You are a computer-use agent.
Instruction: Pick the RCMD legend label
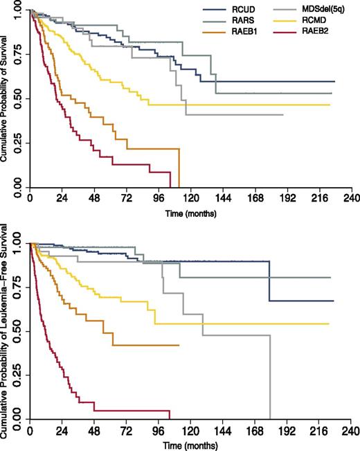pos(309,22)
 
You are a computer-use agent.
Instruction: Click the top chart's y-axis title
pos(6,100)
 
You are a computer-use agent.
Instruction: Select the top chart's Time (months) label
pos(190,213)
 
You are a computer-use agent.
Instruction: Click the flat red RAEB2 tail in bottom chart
pos(132,410)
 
